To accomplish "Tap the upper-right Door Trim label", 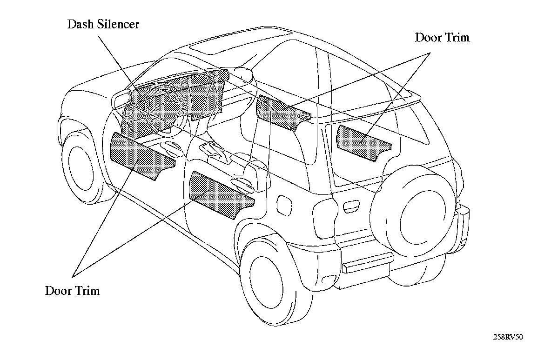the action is [x=442, y=37].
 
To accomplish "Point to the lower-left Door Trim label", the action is [x=72, y=291].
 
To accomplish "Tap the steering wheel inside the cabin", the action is [x=161, y=109].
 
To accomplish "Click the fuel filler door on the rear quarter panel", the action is [x=282, y=204].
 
